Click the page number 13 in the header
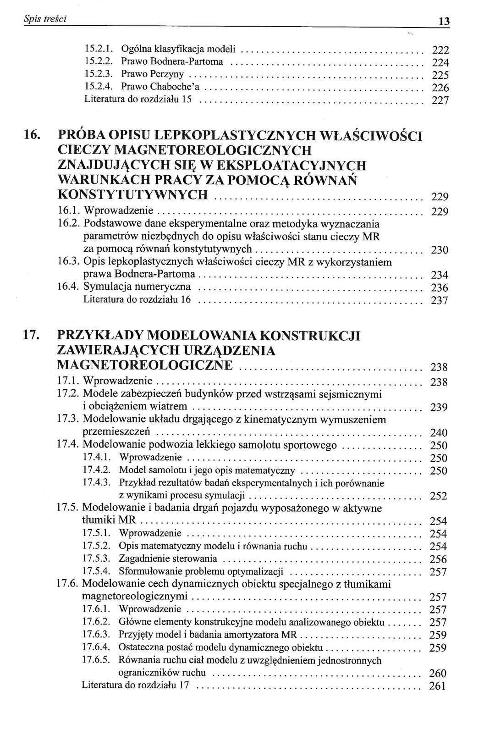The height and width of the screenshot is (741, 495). [444, 21]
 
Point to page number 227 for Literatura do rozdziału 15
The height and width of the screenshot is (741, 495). [440, 100]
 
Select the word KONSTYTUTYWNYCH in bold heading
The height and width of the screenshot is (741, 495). [133, 195]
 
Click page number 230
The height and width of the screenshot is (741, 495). [440, 250]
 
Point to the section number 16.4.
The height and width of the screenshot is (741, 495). [69, 287]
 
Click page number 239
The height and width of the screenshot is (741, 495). [439, 408]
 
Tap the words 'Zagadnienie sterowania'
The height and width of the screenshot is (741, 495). [168, 559]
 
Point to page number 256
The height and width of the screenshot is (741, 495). [438, 559]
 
